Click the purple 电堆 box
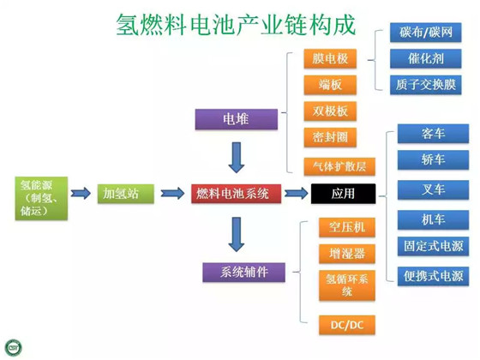click(x=237, y=119)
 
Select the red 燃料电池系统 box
click(x=236, y=194)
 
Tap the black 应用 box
click(x=343, y=194)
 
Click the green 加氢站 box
click(x=125, y=194)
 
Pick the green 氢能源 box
click(x=41, y=198)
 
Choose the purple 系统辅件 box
click(x=243, y=273)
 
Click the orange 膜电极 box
click(x=330, y=58)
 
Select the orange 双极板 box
click(x=330, y=111)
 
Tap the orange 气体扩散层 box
click(x=339, y=166)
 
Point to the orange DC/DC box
click(x=347, y=325)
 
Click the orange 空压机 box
click(x=347, y=227)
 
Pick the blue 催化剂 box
click(x=425, y=58)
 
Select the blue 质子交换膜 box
click(x=425, y=85)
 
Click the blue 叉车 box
click(x=433, y=189)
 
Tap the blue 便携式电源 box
click(x=433, y=276)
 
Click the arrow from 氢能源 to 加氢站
click(x=81, y=194)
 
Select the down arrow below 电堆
click(x=237, y=158)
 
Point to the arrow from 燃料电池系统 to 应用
click(x=296, y=194)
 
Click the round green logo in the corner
click(x=14, y=348)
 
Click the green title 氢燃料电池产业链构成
click(x=236, y=25)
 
